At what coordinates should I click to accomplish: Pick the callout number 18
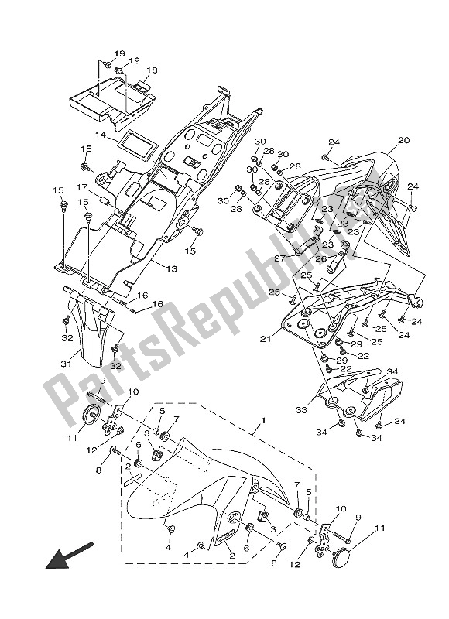click(152, 70)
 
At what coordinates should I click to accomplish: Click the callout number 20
click(403, 141)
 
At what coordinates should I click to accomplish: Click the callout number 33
click(301, 410)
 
